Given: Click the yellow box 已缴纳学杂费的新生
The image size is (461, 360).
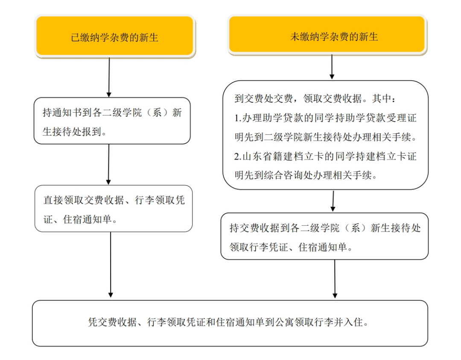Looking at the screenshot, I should point(115,37).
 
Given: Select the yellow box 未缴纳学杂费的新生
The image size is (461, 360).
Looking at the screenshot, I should point(327,36).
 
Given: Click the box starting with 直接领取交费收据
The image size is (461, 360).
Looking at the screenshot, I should point(114,209).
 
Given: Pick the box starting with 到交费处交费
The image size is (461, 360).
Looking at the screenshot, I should point(325,135).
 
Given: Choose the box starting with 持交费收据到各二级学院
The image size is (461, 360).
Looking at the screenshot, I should point(324,236).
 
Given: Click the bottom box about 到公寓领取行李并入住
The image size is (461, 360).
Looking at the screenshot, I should point(230,323).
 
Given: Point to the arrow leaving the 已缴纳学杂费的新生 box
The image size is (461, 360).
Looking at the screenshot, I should point(109,77).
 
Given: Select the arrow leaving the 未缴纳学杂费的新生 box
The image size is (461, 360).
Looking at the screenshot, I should point(332,67).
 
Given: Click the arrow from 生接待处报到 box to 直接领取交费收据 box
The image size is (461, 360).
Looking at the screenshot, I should point(108,164).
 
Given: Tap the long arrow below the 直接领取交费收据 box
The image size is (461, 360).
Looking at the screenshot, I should point(111,264).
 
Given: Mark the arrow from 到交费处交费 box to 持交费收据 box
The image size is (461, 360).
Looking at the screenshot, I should point(333,201).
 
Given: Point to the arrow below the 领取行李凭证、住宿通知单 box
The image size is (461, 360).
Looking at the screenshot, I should point(335,279).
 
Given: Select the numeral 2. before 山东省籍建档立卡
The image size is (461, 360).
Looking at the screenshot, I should point(239,157).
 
